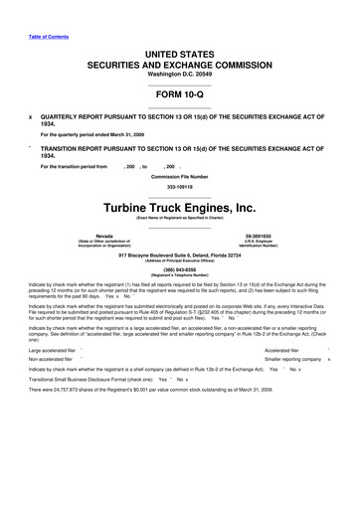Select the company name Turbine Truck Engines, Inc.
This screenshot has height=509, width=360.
point(180,208)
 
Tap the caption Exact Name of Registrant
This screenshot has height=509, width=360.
point(180,219)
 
